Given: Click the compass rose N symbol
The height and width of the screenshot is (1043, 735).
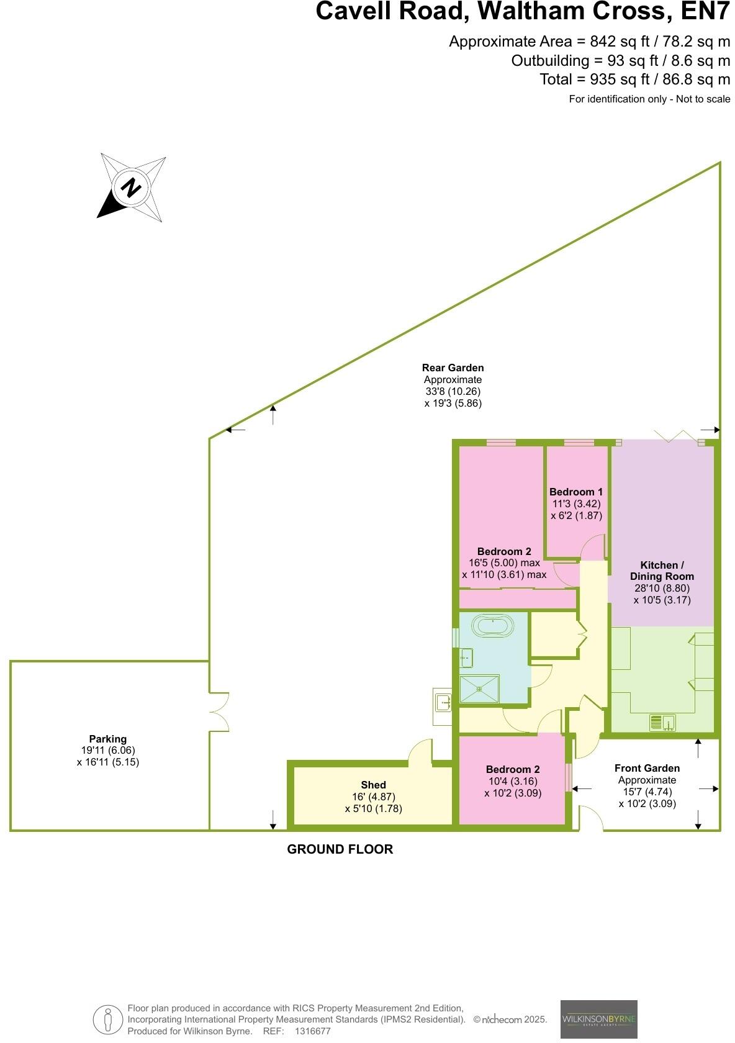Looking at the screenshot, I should pyautogui.click(x=131, y=187).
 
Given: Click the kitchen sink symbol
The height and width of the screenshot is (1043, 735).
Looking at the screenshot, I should pyautogui.click(x=662, y=723).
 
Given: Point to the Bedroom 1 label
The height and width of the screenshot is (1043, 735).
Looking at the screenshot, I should pyautogui.click(x=575, y=492).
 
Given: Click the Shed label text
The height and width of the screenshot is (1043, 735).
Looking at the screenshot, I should pyautogui.click(x=373, y=785).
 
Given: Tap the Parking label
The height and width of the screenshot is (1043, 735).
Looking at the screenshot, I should pyautogui.click(x=107, y=739).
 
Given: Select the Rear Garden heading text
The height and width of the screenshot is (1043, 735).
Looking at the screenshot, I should pyautogui.click(x=453, y=368).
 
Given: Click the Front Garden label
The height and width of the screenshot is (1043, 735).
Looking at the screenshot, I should pyautogui.click(x=647, y=768).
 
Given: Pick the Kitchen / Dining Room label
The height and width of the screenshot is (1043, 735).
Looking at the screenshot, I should pyautogui.click(x=662, y=571).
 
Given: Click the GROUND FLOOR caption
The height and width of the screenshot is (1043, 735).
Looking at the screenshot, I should pyautogui.click(x=340, y=849).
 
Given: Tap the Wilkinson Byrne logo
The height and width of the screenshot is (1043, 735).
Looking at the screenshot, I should pyautogui.click(x=598, y=1019).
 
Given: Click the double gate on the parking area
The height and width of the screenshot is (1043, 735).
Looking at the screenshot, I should pyautogui.click(x=219, y=711).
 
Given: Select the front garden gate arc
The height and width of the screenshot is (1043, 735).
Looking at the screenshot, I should pyautogui.click(x=591, y=818).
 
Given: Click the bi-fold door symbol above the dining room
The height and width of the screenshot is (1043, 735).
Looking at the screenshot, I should pyautogui.click(x=673, y=435).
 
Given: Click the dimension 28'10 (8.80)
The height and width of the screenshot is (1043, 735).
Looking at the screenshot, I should pyautogui.click(x=662, y=589).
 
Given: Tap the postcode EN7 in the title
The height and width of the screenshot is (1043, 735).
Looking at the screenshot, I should pyautogui.click(x=705, y=12).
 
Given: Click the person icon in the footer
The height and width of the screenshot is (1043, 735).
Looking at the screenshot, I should pyautogui.click(x=108, y=1019).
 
